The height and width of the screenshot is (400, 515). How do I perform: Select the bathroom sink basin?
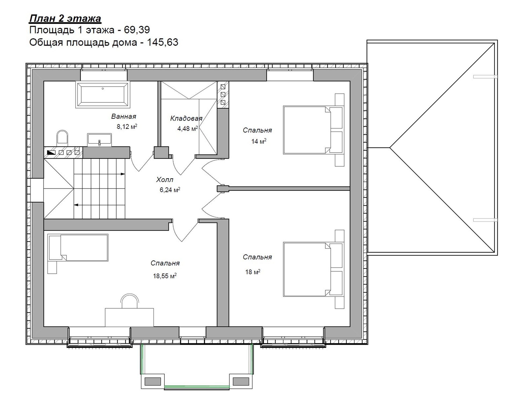tap(100, 140)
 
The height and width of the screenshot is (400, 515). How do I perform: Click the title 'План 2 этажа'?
tap(65, 18)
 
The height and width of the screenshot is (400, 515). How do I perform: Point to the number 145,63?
tap(163, 42)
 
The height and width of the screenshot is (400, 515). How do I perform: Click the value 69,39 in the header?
tap(137, 30)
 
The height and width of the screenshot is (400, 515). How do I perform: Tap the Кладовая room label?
tap(186, 118)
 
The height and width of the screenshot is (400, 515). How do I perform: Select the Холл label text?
tap(165, 180)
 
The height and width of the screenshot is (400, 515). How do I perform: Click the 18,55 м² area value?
tap(165, 276)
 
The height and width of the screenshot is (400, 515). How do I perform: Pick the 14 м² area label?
tap(259, 141)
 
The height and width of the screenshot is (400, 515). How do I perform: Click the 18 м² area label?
tap(253, 272)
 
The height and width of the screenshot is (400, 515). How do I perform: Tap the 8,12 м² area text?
tap(127, 127)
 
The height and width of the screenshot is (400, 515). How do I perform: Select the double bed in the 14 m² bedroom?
tap(314, 130)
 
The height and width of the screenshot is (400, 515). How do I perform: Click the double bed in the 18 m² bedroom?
tap(314, 269)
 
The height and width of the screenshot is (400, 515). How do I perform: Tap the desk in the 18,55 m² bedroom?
tap(129, 317)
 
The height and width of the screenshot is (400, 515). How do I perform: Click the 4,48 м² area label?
tap(187, 129)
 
